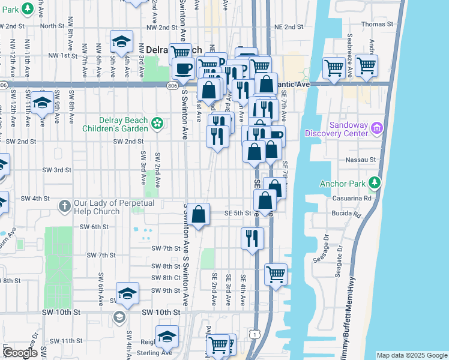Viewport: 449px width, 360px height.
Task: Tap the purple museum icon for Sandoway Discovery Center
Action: pos(376,127)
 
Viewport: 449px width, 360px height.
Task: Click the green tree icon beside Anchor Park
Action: pos(376,182)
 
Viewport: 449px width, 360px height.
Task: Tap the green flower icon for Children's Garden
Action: pos(157,124)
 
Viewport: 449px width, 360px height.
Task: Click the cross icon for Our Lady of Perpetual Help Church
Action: pos(65,206)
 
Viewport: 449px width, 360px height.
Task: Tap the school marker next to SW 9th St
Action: pos(127,293)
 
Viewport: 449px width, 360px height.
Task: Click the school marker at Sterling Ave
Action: pos(167,336)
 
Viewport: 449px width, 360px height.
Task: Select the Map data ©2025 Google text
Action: pos(411,355)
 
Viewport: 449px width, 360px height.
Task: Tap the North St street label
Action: pos(52,26)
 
